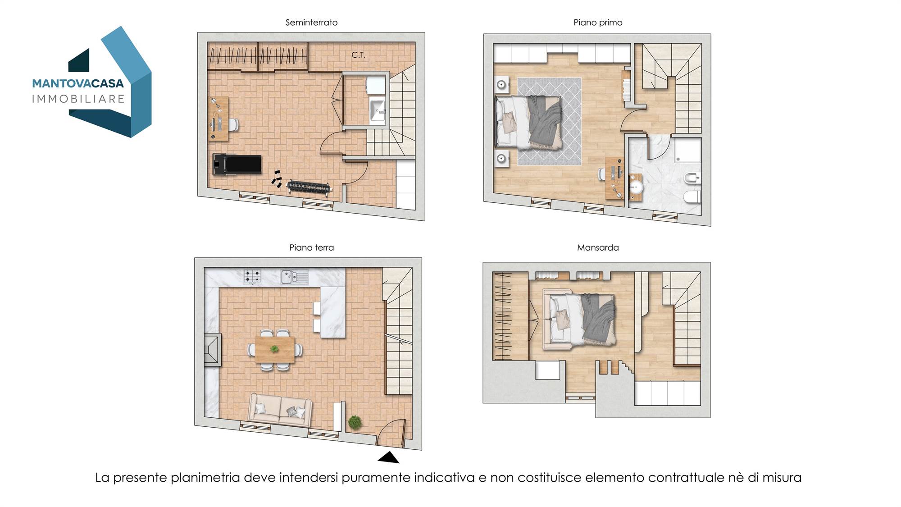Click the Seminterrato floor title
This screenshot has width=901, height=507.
point(311,23)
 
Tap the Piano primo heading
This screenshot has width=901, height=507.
point(598,23)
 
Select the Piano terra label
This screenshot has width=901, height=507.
point(311,247)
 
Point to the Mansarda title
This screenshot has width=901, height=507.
point(598,247)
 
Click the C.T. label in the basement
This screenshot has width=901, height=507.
point(358,55)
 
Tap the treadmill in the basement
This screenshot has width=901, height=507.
point(237,164)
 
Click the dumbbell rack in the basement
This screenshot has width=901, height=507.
point(309,187)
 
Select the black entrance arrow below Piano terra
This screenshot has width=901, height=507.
point(388,457)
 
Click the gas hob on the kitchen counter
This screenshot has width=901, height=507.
point(252,276)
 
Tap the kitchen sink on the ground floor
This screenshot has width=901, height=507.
point(295,277)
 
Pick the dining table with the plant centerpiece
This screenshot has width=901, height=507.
point(275,349)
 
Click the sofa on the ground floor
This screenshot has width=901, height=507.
point(280,410)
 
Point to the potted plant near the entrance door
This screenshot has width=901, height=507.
point(355,422)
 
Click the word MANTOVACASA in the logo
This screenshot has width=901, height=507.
point(78,83)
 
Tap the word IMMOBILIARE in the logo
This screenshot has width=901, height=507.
point(78,99)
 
